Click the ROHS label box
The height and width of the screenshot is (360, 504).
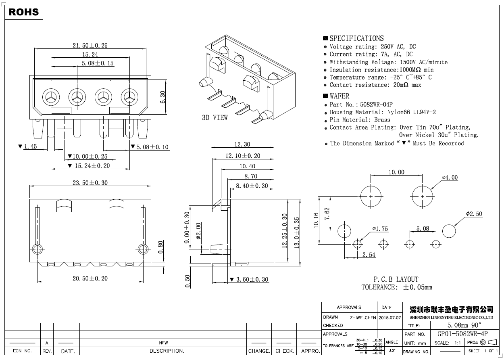24,12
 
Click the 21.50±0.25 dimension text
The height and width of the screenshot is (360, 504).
90,46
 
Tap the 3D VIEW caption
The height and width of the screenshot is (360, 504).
215,117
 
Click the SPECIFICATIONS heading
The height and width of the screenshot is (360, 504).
356,38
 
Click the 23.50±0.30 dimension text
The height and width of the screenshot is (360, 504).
90,183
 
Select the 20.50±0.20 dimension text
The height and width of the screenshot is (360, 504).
90,278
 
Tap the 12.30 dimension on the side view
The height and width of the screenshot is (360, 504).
242,144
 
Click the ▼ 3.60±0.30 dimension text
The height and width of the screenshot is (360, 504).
249,279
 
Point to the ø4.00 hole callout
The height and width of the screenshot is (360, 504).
450,178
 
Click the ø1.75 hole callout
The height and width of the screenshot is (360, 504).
380,229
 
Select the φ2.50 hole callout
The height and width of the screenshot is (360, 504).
474,214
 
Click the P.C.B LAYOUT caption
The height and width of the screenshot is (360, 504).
396,279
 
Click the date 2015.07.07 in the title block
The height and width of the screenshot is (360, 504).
390,318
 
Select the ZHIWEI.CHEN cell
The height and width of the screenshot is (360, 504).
363,318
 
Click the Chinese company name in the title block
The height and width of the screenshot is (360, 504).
451,310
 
